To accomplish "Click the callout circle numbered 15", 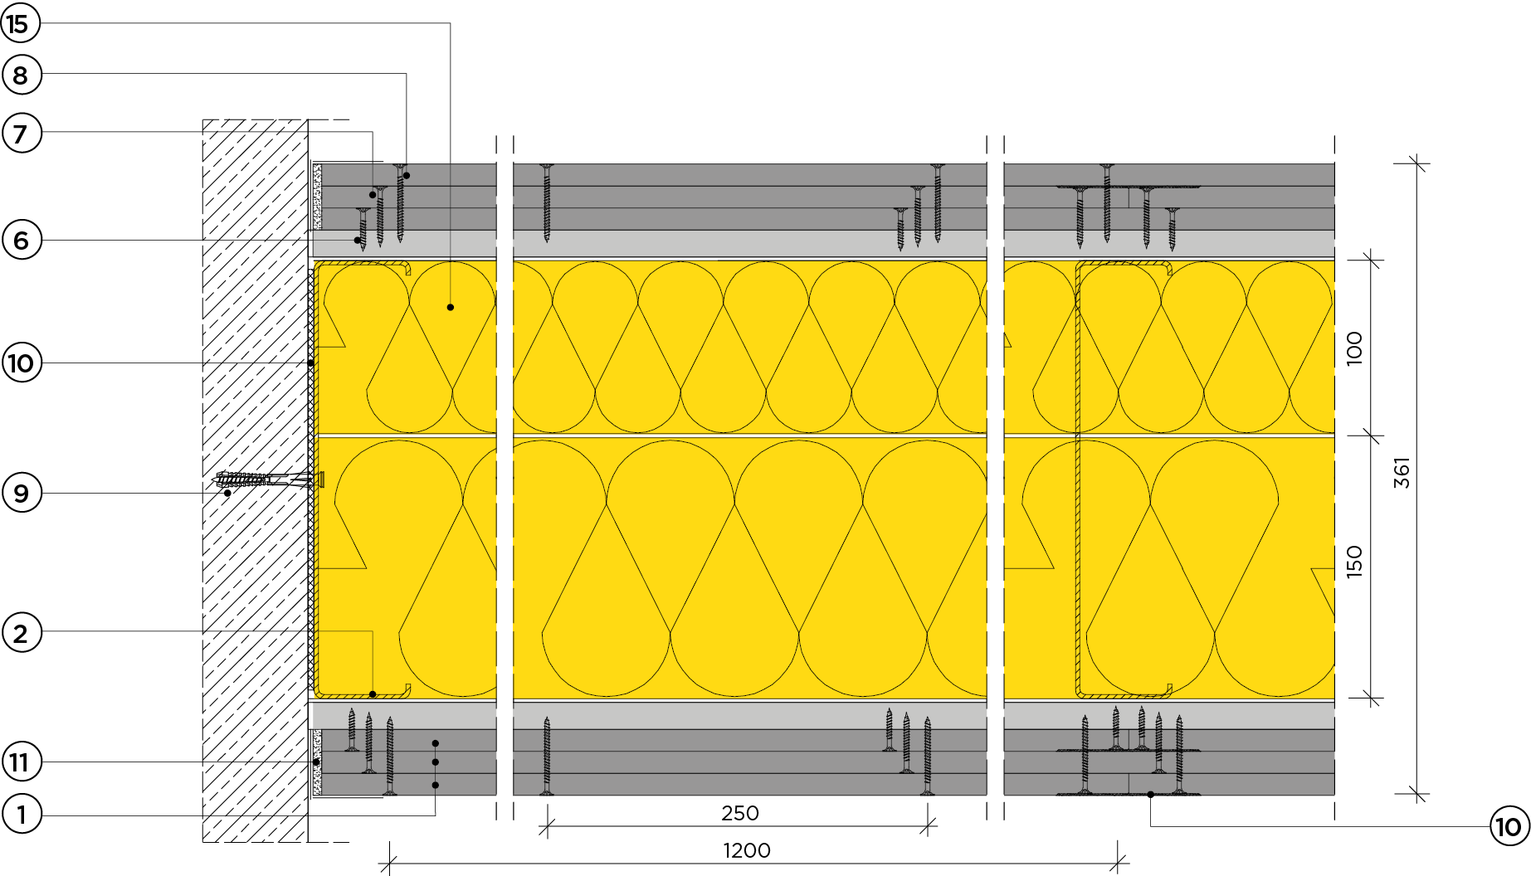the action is click(21, 24).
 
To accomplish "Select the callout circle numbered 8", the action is click(21, 75).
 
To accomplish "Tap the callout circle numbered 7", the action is click(21, 133).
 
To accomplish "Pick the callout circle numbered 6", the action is click(21, 241).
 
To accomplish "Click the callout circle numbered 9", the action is click(21, 494).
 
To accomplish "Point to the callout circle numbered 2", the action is click(21, 633).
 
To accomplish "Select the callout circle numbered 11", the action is click(21, 762).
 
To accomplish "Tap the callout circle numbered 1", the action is click(21, 815).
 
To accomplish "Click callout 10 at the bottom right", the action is click(1509, 826).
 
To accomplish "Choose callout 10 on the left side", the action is click(21, 363).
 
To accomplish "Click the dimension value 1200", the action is click(747, 850).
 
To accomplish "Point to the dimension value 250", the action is click(740, 813).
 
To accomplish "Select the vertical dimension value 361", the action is click(1402, 473).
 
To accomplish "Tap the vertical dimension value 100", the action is click(1354, 348).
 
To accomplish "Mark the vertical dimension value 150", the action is click(1354, 562).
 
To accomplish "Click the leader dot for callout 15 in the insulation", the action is click(451, 307).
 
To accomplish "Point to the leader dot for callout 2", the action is click(373, 694).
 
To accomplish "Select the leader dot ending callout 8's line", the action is click(407, 176).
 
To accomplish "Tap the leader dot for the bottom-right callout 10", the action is click(1151, 795).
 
